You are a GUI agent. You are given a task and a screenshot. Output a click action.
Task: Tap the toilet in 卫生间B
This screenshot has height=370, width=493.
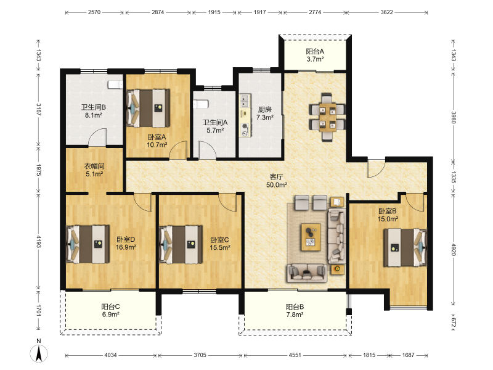pos(115,84)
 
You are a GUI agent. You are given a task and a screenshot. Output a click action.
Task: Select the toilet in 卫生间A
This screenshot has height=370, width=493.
pos(200,104)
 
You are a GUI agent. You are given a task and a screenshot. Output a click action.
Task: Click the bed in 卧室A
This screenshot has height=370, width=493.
pos(148,109)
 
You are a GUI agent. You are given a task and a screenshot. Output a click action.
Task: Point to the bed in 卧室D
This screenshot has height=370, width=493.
pos(88,244)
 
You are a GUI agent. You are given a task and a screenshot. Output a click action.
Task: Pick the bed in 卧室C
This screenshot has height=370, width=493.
pos(181,244)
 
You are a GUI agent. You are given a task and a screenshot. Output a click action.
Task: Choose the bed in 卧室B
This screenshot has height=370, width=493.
pos(405,248)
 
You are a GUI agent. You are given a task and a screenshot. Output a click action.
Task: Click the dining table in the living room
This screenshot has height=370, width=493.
pos(327,117)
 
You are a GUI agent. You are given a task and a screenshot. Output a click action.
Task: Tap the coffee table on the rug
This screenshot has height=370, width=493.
pos(311,237)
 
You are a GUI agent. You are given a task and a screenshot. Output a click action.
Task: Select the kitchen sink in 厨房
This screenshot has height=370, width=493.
pos(245,101)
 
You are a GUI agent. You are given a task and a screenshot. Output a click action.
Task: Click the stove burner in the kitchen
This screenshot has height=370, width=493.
pos(245,127)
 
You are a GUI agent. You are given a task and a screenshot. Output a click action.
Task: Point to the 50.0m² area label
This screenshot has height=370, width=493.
pos(276,185)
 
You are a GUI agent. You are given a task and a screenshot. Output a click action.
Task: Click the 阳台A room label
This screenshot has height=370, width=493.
pos(315,51)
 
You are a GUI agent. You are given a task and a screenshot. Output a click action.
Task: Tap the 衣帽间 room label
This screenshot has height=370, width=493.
pos(94,166)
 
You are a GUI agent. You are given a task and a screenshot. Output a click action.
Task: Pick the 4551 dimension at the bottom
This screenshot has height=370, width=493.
pos(295,355)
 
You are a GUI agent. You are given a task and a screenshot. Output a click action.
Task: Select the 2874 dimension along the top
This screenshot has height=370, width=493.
pos(158,12)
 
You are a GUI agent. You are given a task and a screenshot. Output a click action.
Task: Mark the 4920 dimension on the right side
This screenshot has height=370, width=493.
pos(454,249)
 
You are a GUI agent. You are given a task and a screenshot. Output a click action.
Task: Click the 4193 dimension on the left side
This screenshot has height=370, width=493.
pos(39,242)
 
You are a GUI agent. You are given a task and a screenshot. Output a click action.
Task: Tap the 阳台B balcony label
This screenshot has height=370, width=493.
pos(295,306)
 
